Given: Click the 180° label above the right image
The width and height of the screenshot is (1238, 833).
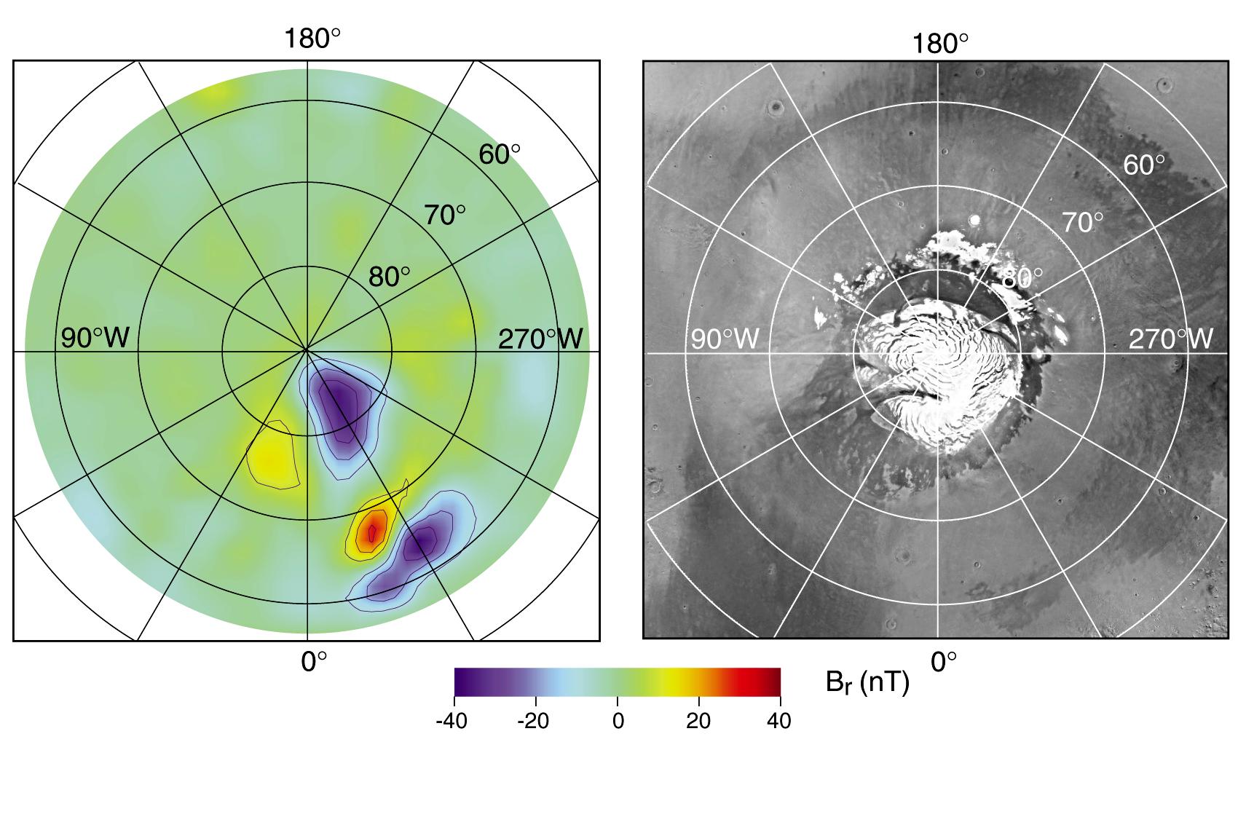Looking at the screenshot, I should point(940,44).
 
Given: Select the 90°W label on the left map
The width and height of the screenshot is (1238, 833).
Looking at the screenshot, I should point(95,338).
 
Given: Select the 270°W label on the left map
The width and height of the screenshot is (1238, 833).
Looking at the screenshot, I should point(540,339).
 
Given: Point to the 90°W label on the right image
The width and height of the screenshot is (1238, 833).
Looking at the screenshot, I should point(725,339).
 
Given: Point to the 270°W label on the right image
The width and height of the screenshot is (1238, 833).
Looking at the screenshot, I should point(1171,339).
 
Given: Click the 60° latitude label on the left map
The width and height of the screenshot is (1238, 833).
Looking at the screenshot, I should point(499,154).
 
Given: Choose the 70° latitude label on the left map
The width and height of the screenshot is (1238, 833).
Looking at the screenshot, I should point(445,215).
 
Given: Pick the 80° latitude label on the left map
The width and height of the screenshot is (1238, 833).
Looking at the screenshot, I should point(389,277).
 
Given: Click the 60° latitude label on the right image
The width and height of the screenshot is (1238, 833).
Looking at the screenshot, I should point(1144,165).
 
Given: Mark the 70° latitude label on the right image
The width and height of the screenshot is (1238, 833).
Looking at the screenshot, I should point(1082,223).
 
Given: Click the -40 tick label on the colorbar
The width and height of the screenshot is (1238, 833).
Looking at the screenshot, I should point(454,721).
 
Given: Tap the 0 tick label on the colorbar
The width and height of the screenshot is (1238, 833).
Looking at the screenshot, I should point(618,721).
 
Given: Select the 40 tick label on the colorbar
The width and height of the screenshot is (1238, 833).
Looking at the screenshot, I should point(779,721).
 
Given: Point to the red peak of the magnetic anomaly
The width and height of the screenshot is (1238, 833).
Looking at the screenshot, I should point(372,532).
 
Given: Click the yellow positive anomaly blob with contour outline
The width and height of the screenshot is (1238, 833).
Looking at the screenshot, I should point(271,457).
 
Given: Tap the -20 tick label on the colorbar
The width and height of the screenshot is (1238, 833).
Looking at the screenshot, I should point(536,721).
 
